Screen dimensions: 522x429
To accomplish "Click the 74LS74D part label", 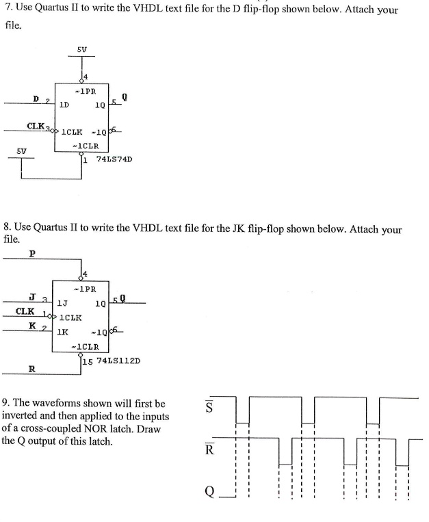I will click(109, 159).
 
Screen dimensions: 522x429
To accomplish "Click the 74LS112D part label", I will click(116, 361).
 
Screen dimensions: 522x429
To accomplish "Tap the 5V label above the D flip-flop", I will click(81, 49).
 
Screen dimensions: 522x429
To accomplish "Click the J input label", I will click(32, 296).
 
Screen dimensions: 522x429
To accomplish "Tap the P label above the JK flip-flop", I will click(32, 254).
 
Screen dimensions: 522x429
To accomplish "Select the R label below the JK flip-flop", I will click(31, 368).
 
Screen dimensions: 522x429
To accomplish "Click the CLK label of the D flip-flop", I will click(36, 125).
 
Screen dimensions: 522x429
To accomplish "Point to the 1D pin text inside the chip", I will click(63, 105).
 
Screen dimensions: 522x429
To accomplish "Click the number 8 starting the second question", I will click(6, 226).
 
